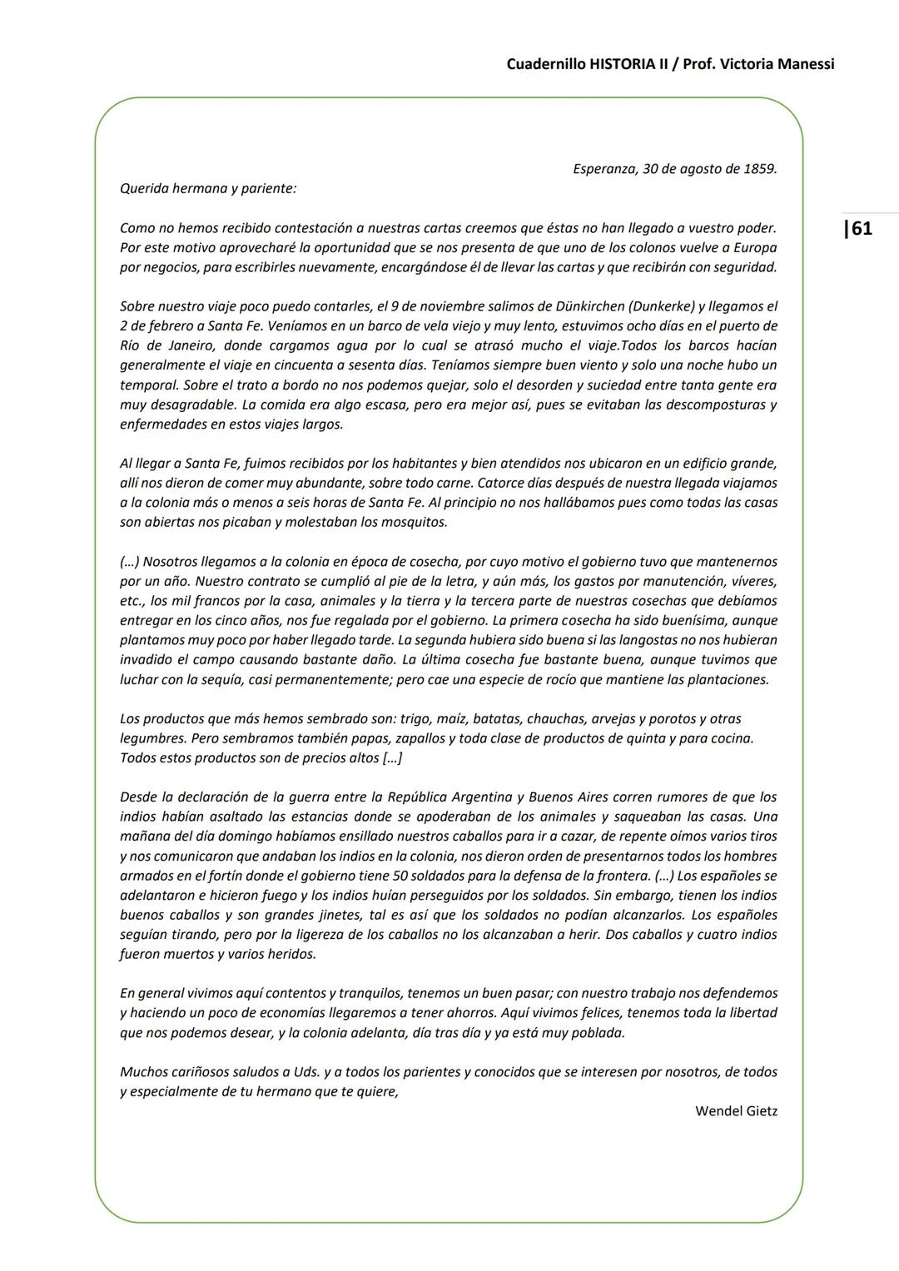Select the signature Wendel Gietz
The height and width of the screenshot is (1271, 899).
(x=736, y=1111)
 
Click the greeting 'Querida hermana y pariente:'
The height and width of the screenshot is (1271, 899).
(x=208, y=188)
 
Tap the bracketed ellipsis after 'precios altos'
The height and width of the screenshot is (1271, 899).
(x=393, y=758)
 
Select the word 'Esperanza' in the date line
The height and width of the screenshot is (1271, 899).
(x=604, y=169)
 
